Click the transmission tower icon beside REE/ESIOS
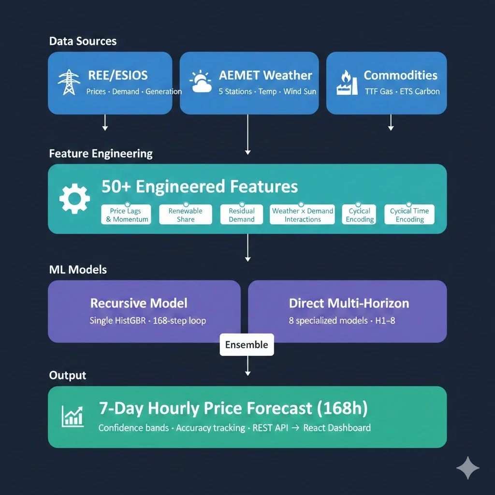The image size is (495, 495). pos(69,82)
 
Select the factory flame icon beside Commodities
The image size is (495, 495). pos(346,83)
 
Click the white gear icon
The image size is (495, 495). pos(74,199)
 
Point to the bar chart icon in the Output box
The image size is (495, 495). pos(73,416)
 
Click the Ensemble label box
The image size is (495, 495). pos(247,345)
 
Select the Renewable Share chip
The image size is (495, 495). pos(186,215)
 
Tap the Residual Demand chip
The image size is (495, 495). pos(242,215)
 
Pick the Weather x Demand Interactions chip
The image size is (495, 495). pos(303,215)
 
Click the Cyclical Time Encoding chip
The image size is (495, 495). pos(409,215)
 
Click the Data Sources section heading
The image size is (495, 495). pos(83,41)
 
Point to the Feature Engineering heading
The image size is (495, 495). pos(101,154)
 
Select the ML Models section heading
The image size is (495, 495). pos(78,269)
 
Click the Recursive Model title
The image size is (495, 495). pos(139,304)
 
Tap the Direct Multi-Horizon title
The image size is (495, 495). pos(349,304)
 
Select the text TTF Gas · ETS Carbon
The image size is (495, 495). pos(402,91)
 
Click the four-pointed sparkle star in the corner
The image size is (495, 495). pos(468,468)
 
